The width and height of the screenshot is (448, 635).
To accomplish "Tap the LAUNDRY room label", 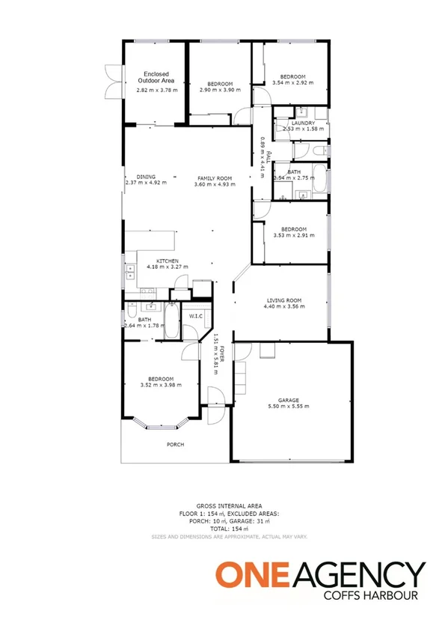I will pos(303,123).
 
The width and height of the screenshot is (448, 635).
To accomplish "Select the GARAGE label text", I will pos(288,400).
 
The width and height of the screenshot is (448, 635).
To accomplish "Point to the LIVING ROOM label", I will pos(283,300).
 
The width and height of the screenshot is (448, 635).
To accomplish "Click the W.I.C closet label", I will pos(196,316).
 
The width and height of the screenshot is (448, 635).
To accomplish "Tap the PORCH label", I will pos(175,444).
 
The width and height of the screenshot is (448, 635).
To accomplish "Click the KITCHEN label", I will pos(167,261).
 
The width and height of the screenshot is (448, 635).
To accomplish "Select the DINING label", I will pos(146,177).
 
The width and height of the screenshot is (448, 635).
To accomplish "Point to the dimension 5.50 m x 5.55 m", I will pos(288,407).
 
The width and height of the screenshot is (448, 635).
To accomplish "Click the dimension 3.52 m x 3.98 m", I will pos(161,386).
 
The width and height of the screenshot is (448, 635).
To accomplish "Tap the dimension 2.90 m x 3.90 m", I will pos(219,89).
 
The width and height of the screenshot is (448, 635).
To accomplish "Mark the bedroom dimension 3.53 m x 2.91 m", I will pos(292,235).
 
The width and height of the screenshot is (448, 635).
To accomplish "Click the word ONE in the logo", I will pos(246,576).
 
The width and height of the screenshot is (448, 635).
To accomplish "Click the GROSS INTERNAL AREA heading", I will pos(228,506).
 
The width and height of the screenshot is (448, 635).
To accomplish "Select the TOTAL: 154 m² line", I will pos(228,529).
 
